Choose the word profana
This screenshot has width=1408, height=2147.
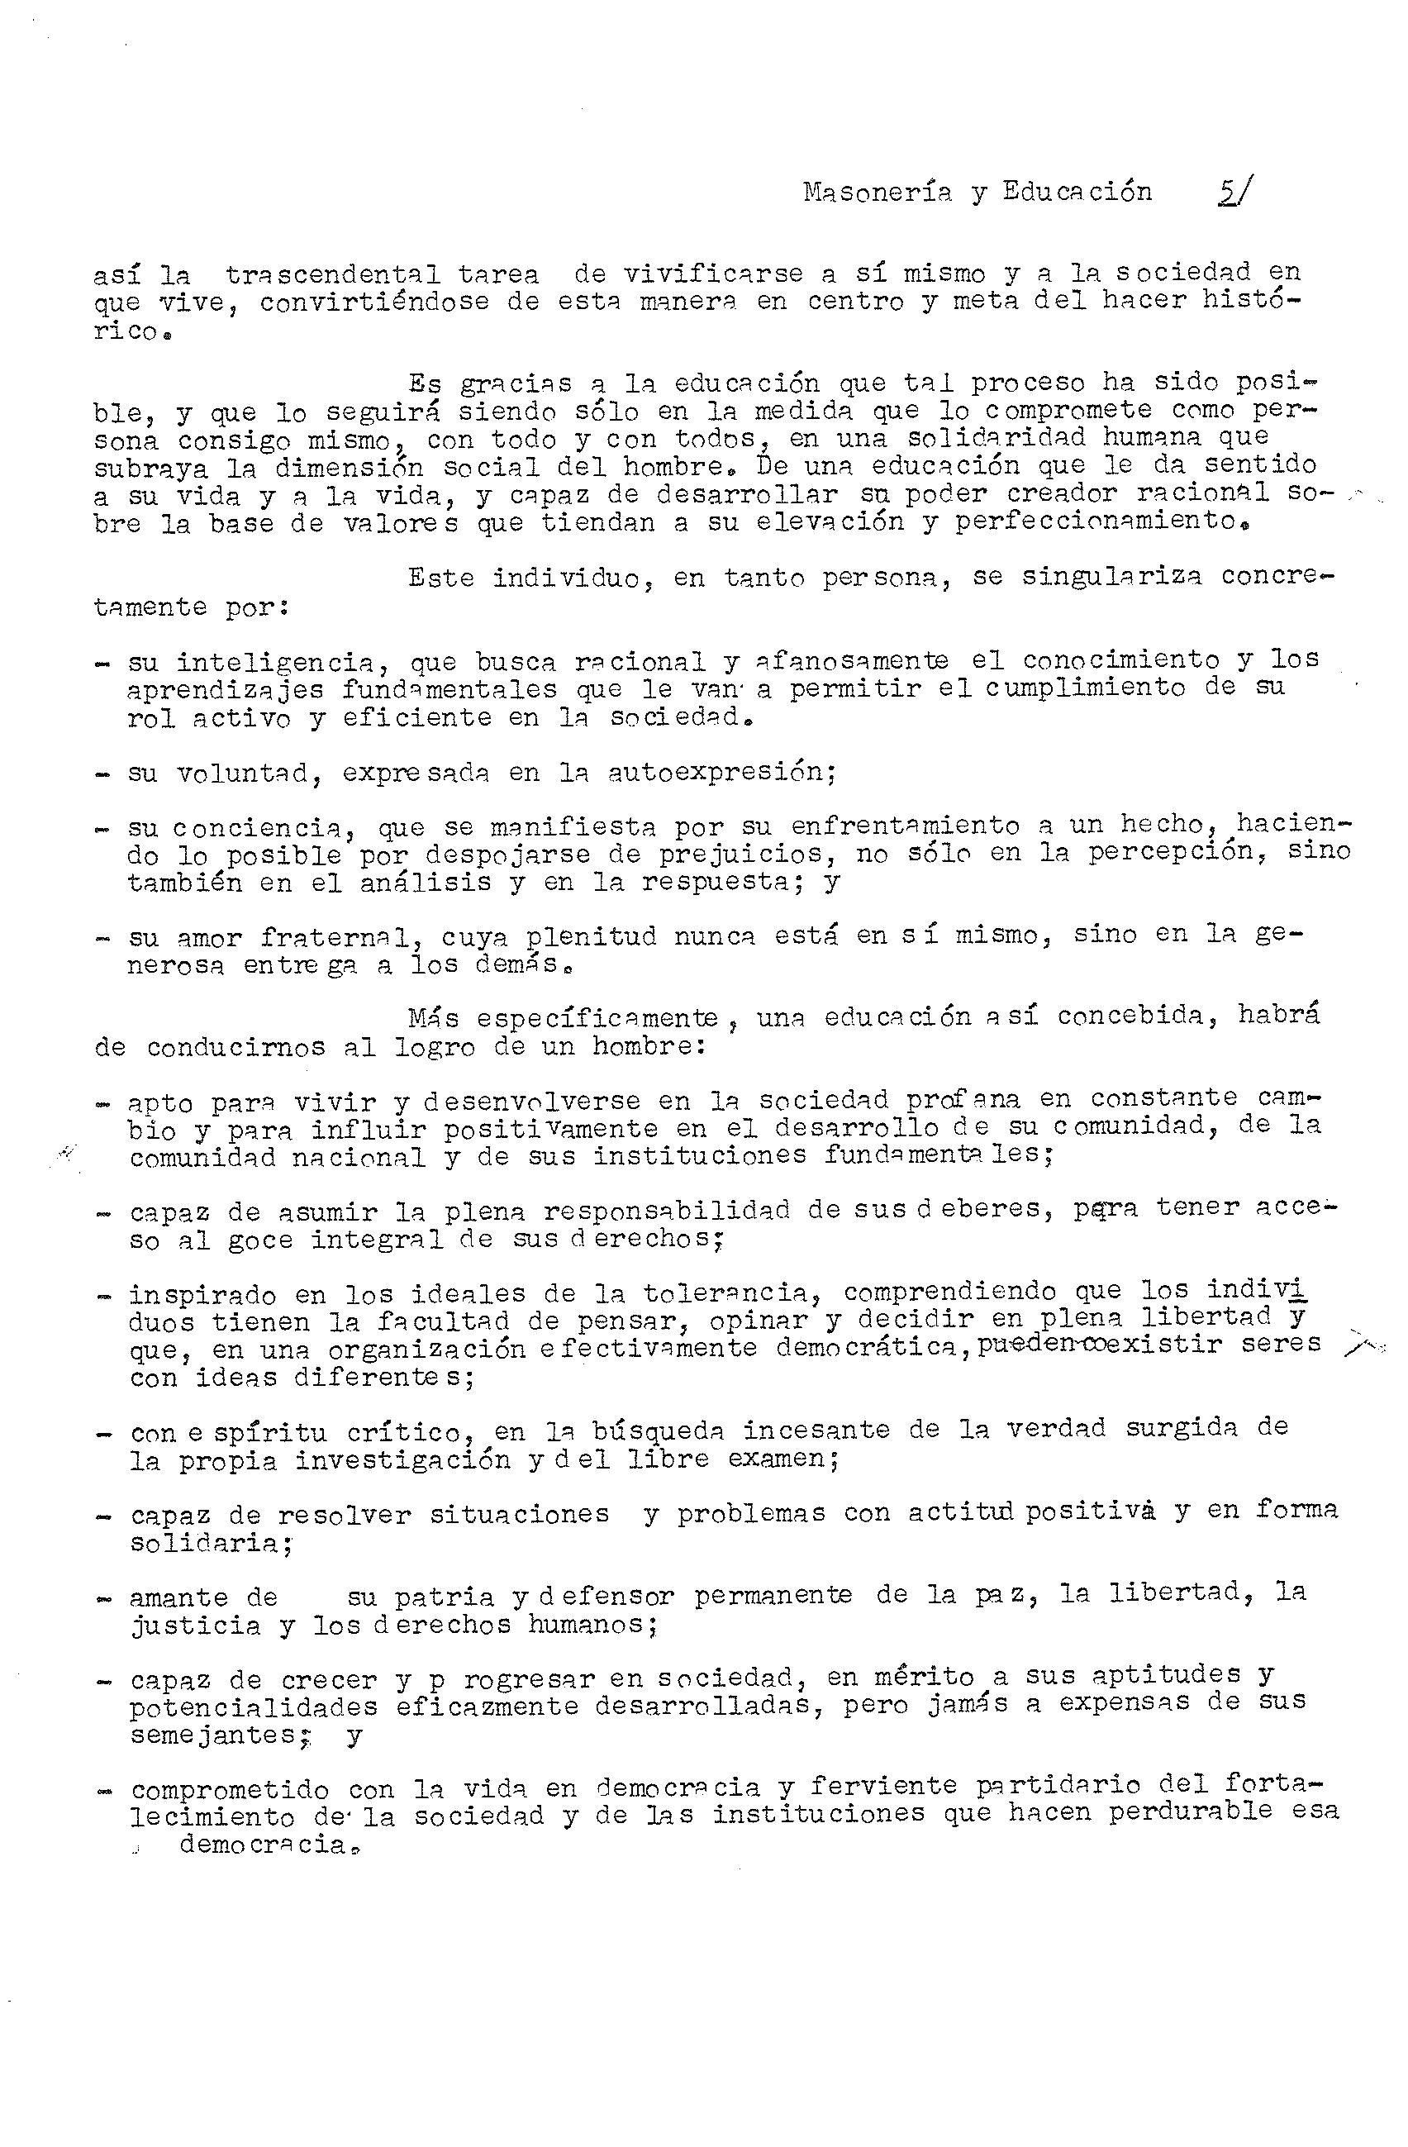click(x=963, y=1100)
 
